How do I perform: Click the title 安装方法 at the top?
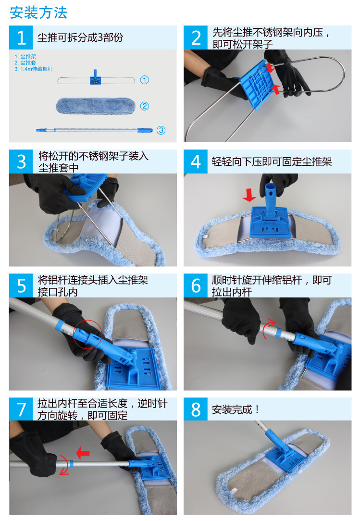tap(38, 12)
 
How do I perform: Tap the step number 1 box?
tap(21, 37)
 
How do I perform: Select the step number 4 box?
tap(196, 161)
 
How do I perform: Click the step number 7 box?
tap(21, 409)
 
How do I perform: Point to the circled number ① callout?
tap(144, 80)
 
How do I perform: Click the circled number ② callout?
tap(144, 106)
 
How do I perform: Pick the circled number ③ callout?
tap(161, 130)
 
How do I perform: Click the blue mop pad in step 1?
tap(95, 106)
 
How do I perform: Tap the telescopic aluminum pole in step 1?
tap(94, 130)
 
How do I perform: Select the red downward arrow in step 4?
tap(249, 195)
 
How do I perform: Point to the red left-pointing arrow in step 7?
tap(83, 453)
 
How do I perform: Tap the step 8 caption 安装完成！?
tap(236, 409)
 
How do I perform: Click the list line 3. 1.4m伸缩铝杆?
tap(33, 69)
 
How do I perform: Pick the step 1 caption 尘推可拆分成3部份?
tap(80, 37)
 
